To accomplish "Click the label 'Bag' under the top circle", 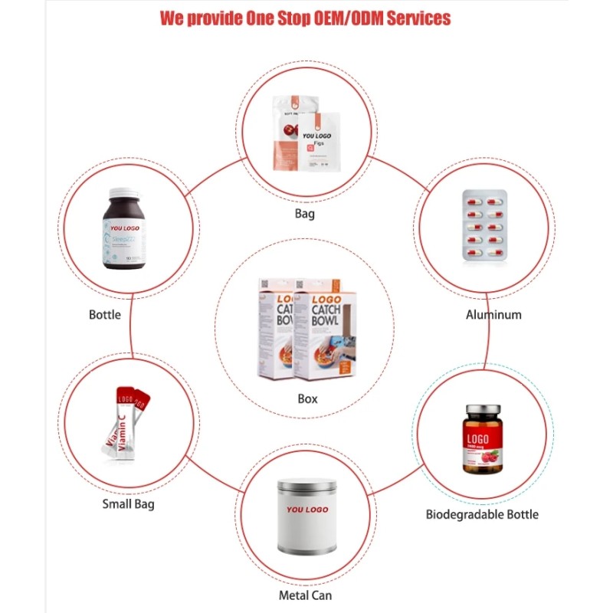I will pyautogui.click(x=304, y=214).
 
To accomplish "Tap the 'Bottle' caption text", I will pyautogui.click(x=105, y=314).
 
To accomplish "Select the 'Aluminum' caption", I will pyautogui.click(x=494, y=314).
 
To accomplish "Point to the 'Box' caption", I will pyautogui.click(x=307, y=398).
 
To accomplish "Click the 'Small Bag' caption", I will pyautogui.click(x=128, y=504).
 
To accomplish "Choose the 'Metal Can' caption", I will pyautogui.click(x=305, y=595).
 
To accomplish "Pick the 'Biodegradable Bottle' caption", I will pyautogui.click(x=482, y=514).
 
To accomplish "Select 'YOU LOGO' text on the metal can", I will pyautogui.click(x=306, y=510).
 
